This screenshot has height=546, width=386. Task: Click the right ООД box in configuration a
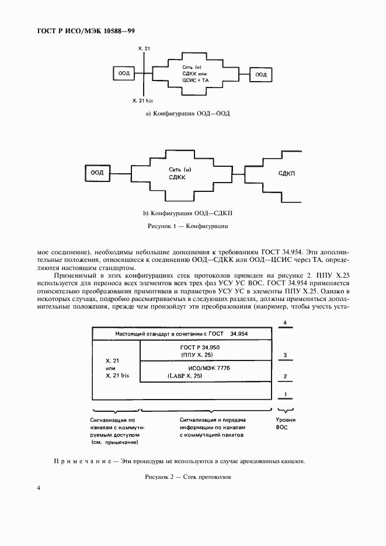(x=260, y=74)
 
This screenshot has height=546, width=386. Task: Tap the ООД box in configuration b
(x=97, y=173)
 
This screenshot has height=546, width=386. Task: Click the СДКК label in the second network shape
(x=176, y=177)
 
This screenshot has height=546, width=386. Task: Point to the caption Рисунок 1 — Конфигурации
(x=187, y=225)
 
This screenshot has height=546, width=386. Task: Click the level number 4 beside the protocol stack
(x=284, y=322)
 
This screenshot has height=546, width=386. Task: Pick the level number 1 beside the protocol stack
(x=284, y=395)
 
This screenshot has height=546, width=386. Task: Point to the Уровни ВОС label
(x=285, y=423)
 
